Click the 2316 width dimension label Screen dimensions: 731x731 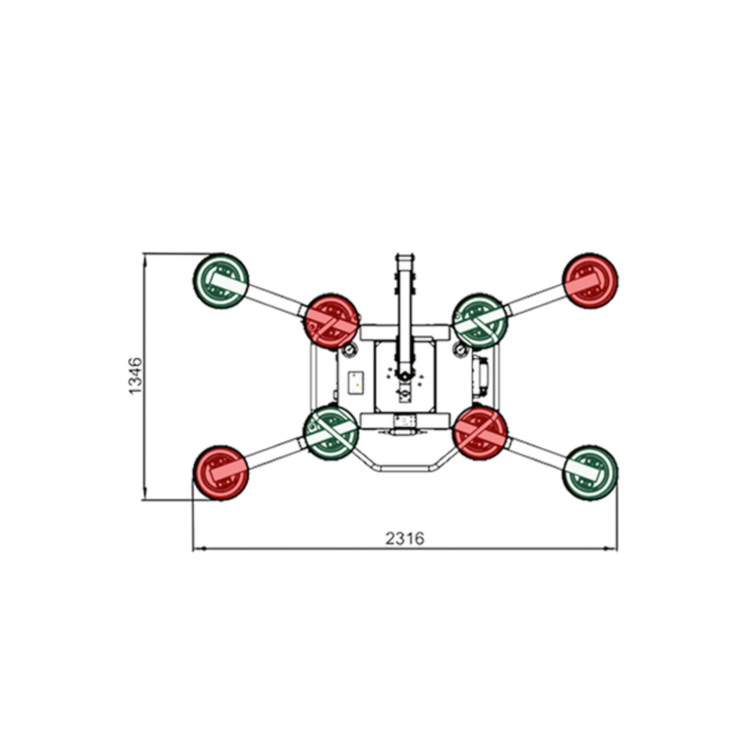coord(405,538)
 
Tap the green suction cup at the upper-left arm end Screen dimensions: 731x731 coord(221,281)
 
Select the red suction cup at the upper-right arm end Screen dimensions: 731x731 coord(590,281)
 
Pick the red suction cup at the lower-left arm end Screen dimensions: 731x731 coord(221,473)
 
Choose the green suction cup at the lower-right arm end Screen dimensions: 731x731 coord(590,473)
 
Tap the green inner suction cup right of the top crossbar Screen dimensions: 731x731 coord(480,321)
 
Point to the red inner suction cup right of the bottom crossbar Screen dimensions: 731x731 coord(480,432)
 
